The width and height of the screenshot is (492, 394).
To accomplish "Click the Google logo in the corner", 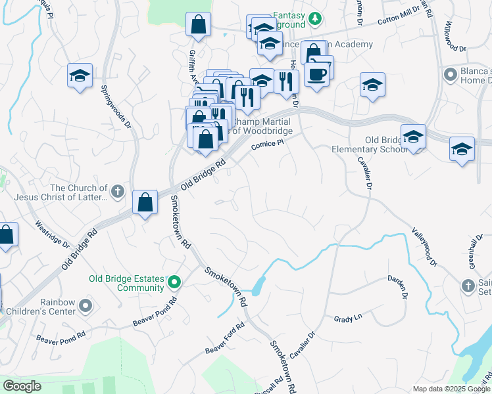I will tap(22, 386).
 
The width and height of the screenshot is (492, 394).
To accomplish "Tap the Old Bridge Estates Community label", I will tap(126, 283).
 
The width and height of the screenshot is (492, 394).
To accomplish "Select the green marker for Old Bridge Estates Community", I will tap(174, 282).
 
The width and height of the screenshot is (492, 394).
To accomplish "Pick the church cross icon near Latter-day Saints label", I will tap(118, 192).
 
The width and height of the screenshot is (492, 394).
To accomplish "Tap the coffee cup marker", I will tap(316, 74).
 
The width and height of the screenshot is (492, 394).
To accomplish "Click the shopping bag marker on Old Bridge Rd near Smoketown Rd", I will tap(145, 202).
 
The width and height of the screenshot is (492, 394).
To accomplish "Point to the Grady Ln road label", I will tap(348, 318).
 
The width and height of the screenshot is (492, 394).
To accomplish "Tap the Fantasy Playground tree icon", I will tap(315, 17).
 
